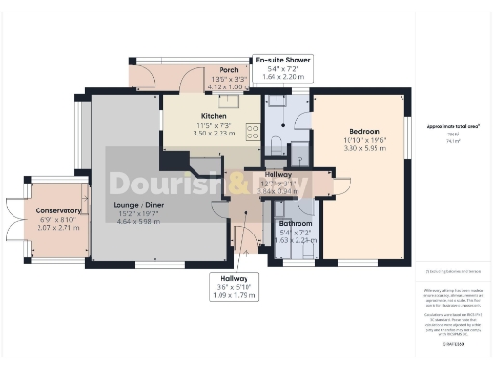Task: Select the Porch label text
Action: [228, 70]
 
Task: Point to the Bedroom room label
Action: [364, 131]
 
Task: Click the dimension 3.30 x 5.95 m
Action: [364, 150]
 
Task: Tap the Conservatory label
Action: [59, 210]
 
